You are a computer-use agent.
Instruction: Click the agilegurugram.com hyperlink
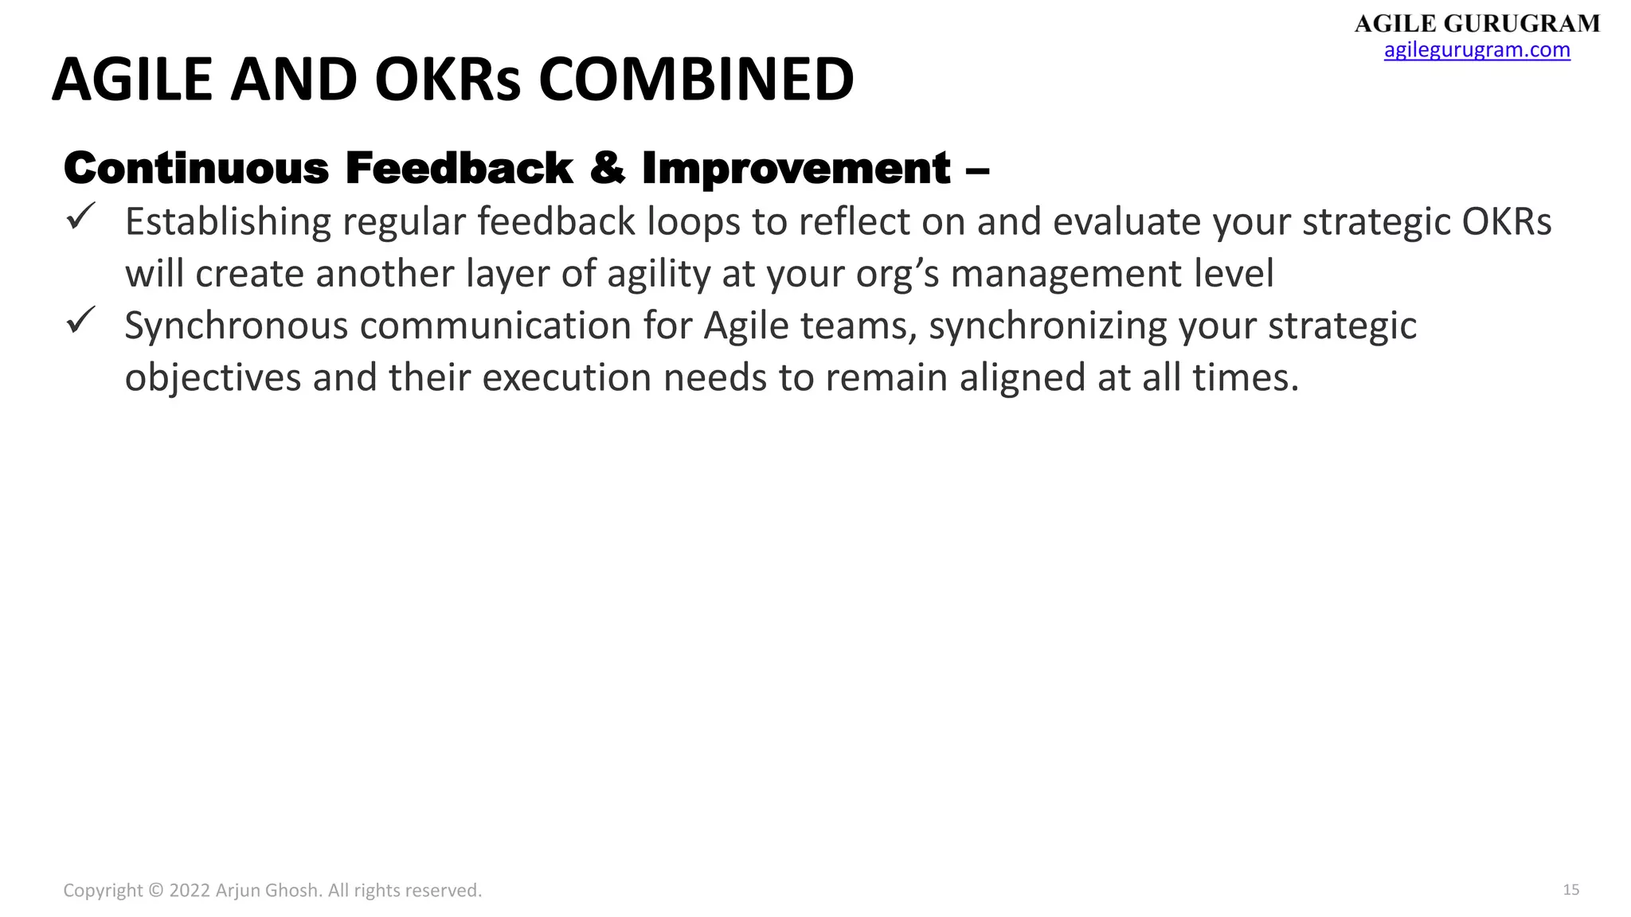1477,49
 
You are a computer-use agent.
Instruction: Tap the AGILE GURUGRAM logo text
1477,23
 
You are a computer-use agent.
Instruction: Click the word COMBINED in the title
695,80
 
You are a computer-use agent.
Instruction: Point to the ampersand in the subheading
607,168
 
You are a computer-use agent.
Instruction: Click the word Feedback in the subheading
459,168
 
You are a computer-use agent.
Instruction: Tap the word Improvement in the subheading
796,168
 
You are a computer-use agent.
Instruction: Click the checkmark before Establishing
80,216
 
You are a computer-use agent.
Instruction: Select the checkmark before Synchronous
80,320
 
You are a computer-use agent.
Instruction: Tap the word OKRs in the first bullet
1507,222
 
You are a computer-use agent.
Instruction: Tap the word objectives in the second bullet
213,378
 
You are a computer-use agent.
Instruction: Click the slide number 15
1570,890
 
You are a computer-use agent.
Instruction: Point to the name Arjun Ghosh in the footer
268,891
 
